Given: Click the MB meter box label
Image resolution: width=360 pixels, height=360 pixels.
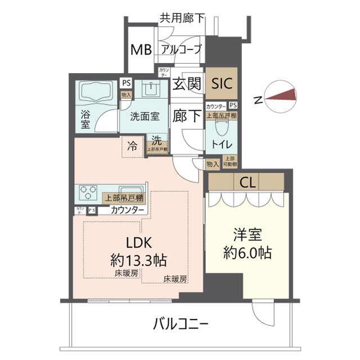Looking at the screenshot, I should tap(141, 50).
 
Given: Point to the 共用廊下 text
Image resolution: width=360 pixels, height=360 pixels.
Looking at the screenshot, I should tap(181, 17).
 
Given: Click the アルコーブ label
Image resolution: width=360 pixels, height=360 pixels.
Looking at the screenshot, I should tap(181, 50).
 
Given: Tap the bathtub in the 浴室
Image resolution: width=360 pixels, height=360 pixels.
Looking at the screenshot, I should tap(94, 92).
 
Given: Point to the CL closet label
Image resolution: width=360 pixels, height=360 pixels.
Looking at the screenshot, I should tap(246, 182).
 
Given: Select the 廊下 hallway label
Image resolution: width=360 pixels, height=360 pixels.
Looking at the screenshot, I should tap(187, 116).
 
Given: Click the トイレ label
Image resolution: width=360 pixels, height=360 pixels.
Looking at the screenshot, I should tap(220, 144).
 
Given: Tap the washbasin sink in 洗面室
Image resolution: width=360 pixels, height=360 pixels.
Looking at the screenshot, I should tap(150, 90).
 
